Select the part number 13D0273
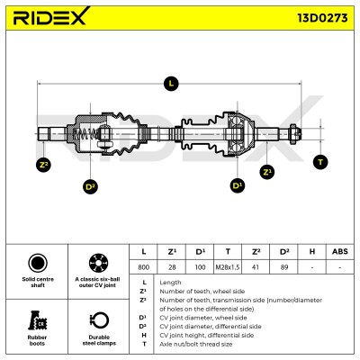[322, 18]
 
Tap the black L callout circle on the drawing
[171, 84]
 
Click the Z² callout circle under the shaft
[43, 165]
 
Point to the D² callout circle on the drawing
[90, 186]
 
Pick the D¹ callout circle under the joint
[238, 185]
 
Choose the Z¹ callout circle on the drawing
[267, 172]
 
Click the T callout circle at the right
[320, 162]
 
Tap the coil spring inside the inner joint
[85, 134]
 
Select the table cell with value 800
[143, 267]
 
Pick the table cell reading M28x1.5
[228, 267]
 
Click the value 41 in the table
[256, 267]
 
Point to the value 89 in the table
[284, 267]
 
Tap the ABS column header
[340, 251]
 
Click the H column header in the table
[312, 251]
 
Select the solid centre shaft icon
[38, 263]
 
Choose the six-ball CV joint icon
[98, 263]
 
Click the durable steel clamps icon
[99, 320]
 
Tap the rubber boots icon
[38, 320]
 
